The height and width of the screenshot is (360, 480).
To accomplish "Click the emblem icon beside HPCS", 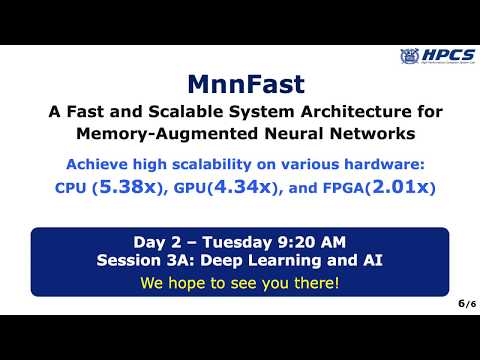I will point(409,57).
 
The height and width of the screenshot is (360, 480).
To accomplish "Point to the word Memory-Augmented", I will point(185,133).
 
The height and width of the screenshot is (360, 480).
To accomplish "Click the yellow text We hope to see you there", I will point(240,282).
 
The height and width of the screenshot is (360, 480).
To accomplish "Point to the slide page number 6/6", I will point(462,302).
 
